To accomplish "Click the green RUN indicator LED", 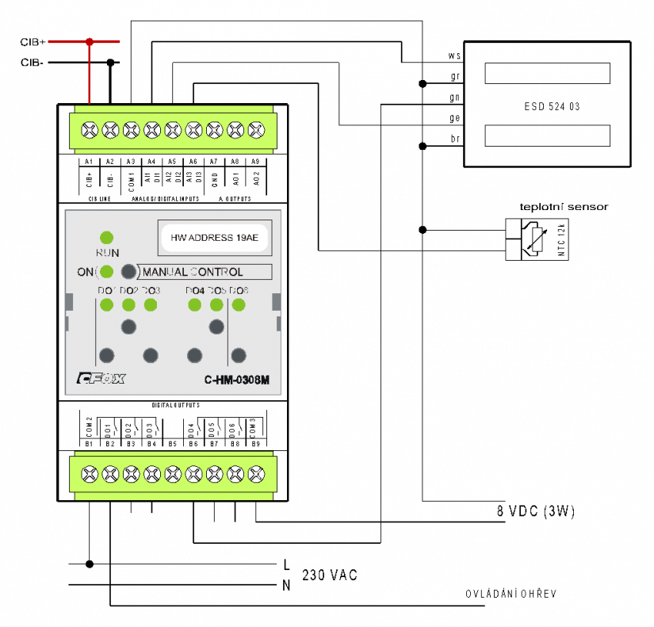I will click(x=107, y=237).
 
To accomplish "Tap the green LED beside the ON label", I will click(x=107, y=272).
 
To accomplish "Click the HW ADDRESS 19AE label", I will click(x=214, y=237).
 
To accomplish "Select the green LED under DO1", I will click(x=107, y=305).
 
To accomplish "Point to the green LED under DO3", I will click(x=151, y=305).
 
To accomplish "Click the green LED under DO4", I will click(x=195, y=305).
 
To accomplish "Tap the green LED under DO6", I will click(x=239, y=305).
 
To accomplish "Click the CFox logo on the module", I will click(x=101, y=379).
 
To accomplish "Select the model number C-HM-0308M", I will click(x=237, y=380).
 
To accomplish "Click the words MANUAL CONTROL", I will click(x=193, y=272).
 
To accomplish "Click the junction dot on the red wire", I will click(x=90, y=41).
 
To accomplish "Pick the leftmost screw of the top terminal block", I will click(x=90, y=129).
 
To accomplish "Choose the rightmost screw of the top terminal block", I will click(x=256, y=129).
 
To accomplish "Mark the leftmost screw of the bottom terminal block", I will click(x=90, y=475).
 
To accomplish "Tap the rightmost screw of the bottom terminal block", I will click(x=256, y=475).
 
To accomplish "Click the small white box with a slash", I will click(x=537, y=239).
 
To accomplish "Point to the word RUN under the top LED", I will click(x=107, y=253).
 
